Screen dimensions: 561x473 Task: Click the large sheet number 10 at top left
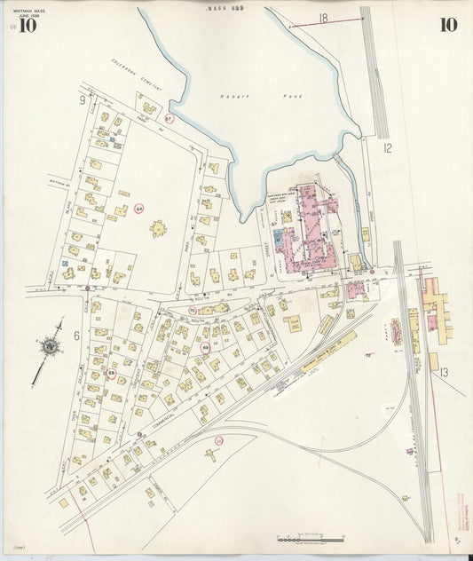click(28, 25)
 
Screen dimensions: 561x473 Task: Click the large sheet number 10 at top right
click(448, 24)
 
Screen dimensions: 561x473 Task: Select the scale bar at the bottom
click(310, 539)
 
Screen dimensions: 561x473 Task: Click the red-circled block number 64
click(139, 209)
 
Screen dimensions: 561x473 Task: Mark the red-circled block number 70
click(192, 310)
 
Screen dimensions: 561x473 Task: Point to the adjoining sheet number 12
click(386, 148)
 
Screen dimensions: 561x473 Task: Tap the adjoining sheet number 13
click(444, 374)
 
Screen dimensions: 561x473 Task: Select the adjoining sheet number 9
click(82, 100)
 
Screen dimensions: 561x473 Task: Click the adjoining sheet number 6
click(78, 336)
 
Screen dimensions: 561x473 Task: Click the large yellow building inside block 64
click(159, 230)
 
